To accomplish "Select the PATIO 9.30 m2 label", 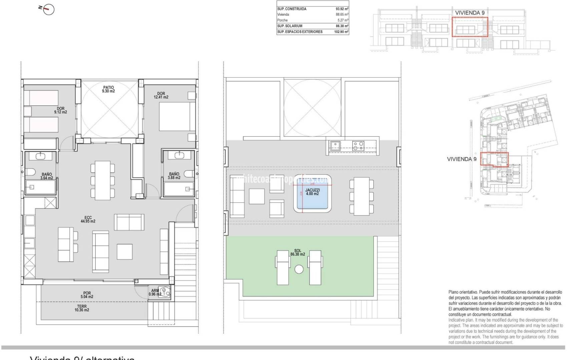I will pos(108,89).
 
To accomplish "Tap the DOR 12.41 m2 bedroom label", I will pos(161,95).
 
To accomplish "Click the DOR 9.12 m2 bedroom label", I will pos(60,110).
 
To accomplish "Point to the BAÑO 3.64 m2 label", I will pos(47,176).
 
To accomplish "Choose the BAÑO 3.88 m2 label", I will pos(174,176).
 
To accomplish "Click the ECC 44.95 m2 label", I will pos(88,219).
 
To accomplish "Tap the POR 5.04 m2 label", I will pos(87,295).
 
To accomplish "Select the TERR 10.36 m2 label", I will pos(82,308).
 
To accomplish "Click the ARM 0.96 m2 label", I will pos(155,292).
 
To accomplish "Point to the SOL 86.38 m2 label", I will pos(298,252).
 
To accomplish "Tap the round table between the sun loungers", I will pos(299,269).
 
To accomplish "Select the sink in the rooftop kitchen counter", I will pos(334,145).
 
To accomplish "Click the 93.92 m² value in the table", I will pos(342,9).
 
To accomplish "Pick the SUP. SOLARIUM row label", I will pos(290,26).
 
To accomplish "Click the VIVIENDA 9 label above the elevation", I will pos(470,13).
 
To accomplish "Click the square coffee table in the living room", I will pos(124,252).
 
